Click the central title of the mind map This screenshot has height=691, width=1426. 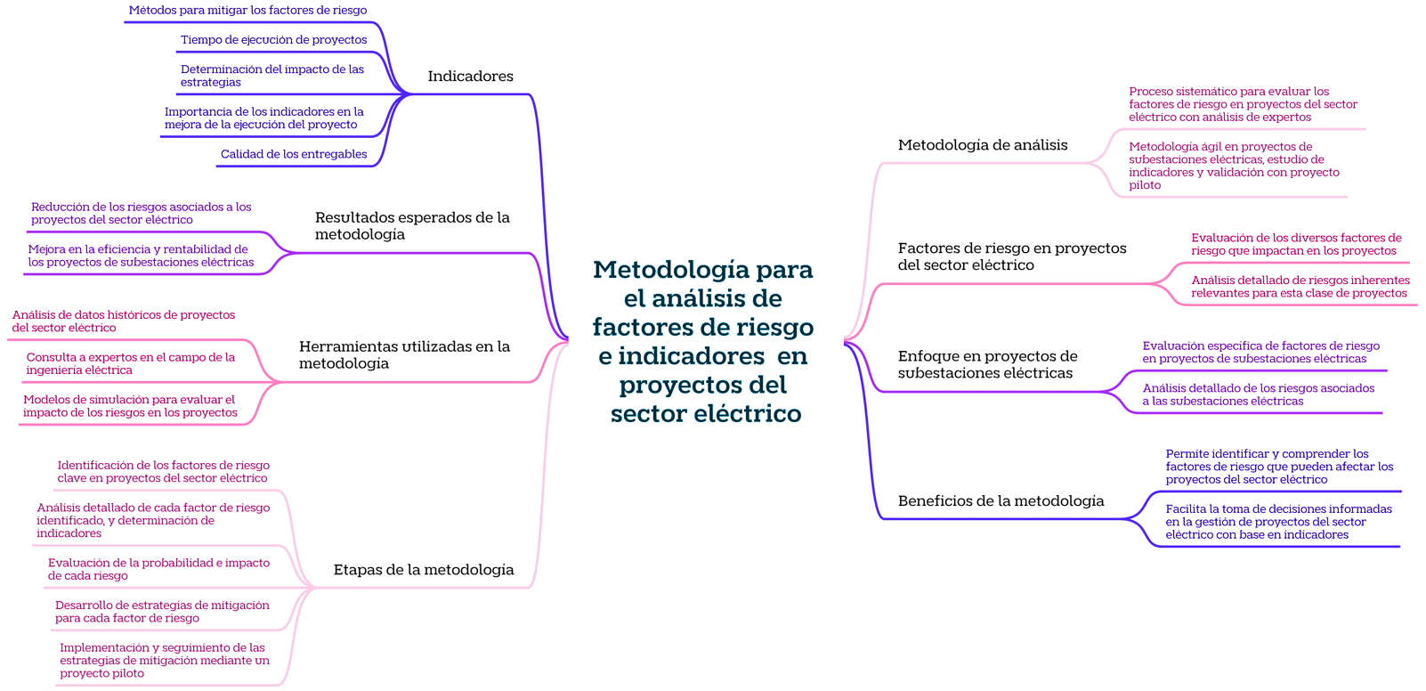coord(703,341)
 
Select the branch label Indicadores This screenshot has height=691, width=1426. coord(470,77)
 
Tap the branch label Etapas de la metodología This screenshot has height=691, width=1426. coord(423,570)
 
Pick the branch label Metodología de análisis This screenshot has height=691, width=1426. coord(982,145)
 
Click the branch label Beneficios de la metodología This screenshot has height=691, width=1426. coord(1001,501)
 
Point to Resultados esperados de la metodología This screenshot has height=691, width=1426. coord(412,226)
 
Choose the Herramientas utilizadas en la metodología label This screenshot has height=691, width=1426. coord(404,355)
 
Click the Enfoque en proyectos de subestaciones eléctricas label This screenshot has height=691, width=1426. coord(987,365)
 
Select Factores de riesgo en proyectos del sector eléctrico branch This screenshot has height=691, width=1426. coord(1011,256)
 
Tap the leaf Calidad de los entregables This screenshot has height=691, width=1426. coord(294,155)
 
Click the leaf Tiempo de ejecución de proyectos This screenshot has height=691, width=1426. coord(273,40)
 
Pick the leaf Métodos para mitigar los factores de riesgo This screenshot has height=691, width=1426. coord(247,11)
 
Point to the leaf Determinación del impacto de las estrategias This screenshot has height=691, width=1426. coord(271,76)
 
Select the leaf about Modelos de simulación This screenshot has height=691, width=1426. coord(130,406)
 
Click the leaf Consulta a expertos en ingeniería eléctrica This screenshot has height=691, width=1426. coord(131,363)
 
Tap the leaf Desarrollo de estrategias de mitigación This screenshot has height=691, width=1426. coord(162,612)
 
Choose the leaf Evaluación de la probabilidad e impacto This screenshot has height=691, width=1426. coord(158,569)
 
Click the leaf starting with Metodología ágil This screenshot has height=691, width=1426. coord(1234,166)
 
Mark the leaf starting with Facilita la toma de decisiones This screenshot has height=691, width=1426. coord(1278,522)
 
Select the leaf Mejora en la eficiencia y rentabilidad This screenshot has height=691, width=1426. coord(141,256)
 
